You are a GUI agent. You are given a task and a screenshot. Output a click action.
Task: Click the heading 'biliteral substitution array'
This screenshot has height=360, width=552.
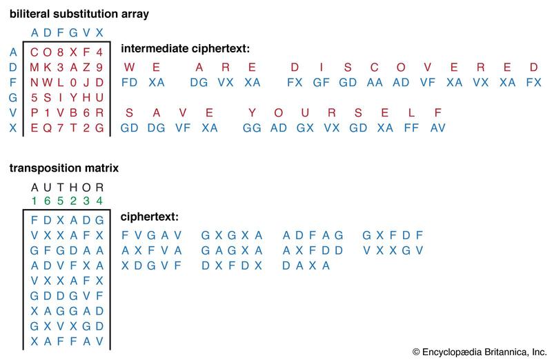pos(79,14)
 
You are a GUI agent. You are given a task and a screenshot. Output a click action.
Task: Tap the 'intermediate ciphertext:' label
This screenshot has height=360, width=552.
pos(185,48)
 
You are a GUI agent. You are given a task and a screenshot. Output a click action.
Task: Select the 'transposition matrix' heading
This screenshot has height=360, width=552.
pos(64,168)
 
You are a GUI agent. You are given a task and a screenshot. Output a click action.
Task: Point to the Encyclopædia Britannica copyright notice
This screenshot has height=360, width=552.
pos(480,352)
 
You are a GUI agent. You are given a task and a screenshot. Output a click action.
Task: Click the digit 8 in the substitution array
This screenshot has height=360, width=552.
pos(60,52)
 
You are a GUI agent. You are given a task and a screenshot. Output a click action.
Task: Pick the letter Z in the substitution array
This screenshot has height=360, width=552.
pos(87,67)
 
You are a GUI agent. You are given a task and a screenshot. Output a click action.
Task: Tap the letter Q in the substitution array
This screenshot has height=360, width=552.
pos(47,128)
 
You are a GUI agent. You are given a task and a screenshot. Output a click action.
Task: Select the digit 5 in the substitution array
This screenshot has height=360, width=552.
pos(34,97)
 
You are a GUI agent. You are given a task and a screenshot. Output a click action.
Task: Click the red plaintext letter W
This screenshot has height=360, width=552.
pos(129,67)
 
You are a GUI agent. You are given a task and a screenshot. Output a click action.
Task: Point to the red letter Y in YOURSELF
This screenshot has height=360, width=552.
pos(252,113)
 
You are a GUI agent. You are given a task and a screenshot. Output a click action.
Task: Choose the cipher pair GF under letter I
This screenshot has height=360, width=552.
pos(321,82)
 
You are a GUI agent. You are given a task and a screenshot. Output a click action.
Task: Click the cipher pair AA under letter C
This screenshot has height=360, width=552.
pos(375,82)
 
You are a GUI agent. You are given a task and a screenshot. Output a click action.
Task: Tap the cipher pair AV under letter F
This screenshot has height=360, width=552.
pos(437,128)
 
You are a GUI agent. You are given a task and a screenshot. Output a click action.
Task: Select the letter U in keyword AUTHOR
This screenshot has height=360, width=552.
pos(47,188)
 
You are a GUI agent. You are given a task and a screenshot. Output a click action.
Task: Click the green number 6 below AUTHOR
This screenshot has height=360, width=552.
pos(47,201)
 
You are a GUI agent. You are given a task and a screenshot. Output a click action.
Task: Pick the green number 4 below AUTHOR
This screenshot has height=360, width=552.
pos(99,201)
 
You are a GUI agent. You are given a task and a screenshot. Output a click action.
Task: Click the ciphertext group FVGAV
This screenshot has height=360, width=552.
pos(152,235)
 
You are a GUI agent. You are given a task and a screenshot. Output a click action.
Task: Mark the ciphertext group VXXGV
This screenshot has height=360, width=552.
pos(393,250)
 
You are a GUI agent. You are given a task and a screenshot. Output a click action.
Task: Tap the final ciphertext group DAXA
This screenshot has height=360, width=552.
pos(306,266)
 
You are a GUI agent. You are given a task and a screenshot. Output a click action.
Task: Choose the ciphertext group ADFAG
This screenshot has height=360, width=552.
pos(313,235)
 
